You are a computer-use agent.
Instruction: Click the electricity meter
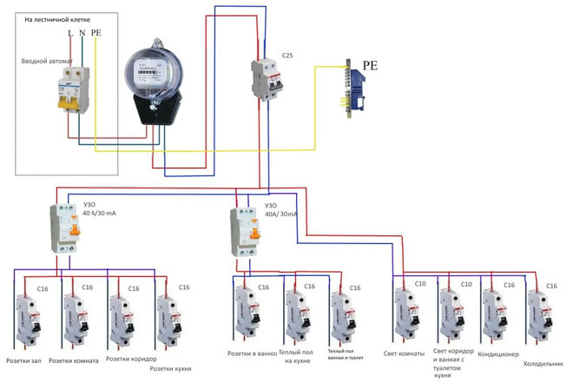point(154,87)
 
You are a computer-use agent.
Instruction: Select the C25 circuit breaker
point(267,80)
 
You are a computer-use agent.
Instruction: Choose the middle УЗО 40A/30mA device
point(245,230)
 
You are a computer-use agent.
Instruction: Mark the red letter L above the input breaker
point(69,33)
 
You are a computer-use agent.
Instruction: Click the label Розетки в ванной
point(252,354)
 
